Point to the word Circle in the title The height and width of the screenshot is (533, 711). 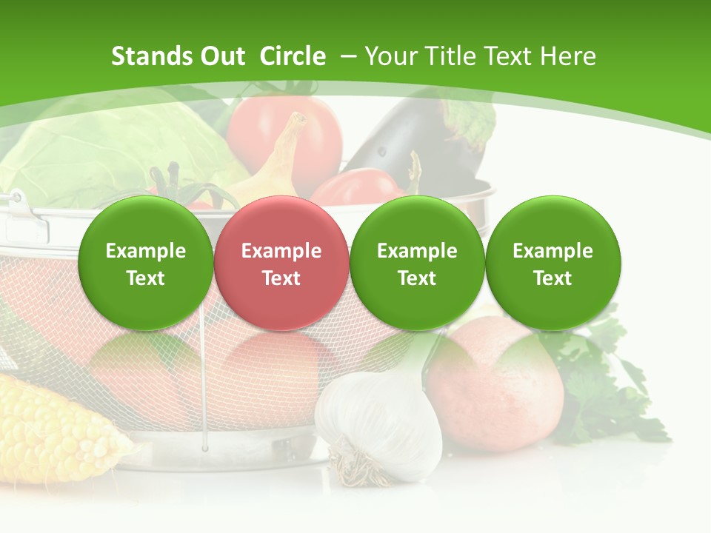tap(293, 56)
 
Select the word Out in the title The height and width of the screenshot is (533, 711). tap(222, 56)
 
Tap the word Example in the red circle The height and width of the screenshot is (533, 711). tap(281, 251)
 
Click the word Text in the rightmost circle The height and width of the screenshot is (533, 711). tap(553, 278)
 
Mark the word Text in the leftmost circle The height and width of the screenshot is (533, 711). tap(145, 278)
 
